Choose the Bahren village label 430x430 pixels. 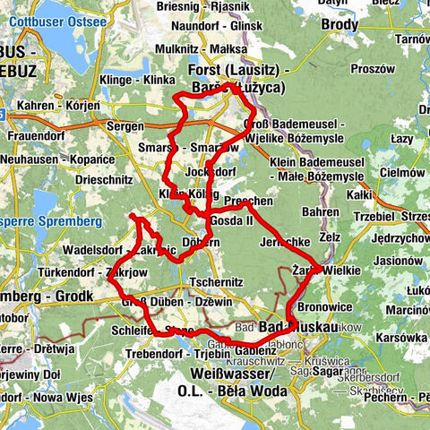(x=321, y=212)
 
